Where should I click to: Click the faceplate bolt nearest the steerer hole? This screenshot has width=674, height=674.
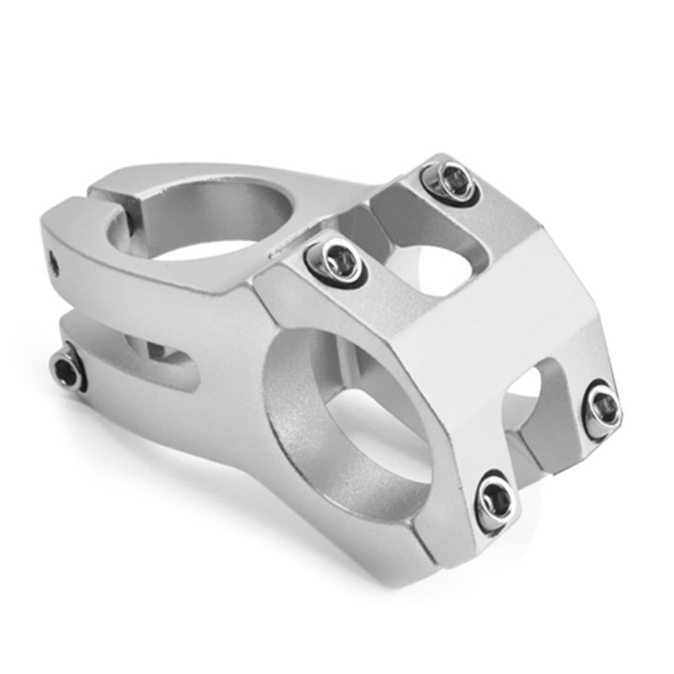336,261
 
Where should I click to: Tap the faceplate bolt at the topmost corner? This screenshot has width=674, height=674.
451,182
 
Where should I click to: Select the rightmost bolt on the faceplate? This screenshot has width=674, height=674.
602,410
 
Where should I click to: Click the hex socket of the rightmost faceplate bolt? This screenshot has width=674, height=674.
602,409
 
